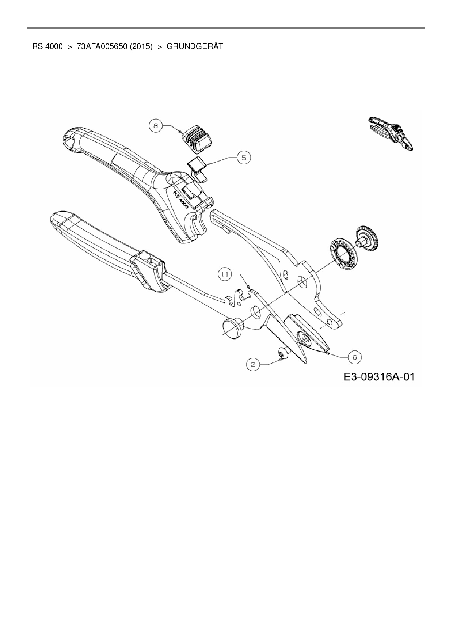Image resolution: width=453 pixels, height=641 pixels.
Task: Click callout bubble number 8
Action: coord(156,126)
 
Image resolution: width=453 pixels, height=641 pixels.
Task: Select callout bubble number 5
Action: coord(244,157)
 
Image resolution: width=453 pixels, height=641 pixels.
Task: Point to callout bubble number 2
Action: coord(253,364)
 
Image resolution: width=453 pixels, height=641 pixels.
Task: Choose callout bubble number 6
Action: coord(355,356)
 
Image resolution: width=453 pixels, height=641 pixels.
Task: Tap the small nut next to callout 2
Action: coord(283,353)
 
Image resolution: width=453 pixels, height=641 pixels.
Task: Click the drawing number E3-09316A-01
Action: coord(378,377)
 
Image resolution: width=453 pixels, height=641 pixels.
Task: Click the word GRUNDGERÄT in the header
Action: coord(194,47)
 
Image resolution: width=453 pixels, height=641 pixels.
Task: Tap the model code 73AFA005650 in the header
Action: coord(101,47)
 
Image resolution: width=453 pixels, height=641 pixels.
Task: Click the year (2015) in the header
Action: coord(141,47)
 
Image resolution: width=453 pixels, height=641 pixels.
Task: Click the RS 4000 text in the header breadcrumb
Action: coord(47,47)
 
